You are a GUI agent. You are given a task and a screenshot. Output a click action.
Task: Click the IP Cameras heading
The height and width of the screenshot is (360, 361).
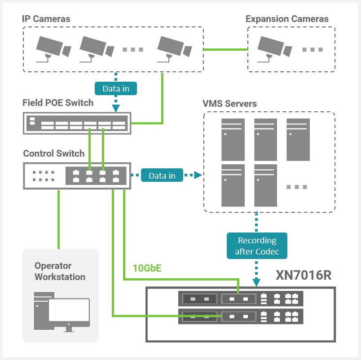pos(46,19)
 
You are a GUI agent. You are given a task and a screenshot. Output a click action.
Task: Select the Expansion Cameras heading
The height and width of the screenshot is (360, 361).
pos(287,19)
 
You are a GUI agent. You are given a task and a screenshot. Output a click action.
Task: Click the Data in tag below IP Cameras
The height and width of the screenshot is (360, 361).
pos(115,88)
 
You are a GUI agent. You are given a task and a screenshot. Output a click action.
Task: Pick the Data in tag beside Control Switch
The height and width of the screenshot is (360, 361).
pos(162,176)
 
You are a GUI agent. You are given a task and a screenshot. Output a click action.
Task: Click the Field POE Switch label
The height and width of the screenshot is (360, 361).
pos(58,103)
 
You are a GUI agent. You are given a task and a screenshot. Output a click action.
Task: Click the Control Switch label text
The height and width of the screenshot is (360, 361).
pos(53,154)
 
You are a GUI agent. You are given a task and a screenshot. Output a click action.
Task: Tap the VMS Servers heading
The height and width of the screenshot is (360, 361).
pos(229,104)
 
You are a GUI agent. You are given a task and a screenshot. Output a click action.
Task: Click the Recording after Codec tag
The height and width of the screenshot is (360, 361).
pos(257,246)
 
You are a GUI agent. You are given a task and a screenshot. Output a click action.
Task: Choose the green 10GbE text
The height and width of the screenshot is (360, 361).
pos(147,268)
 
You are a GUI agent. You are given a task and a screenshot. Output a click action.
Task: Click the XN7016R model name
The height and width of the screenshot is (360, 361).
pos(303,275)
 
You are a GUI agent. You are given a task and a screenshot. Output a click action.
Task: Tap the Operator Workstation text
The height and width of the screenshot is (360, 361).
pos(60,271)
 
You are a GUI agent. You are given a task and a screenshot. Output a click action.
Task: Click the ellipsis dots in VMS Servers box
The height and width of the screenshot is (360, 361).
pos(297,187)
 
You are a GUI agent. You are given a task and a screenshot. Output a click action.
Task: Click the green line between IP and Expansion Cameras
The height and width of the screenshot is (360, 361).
pos(225,49)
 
